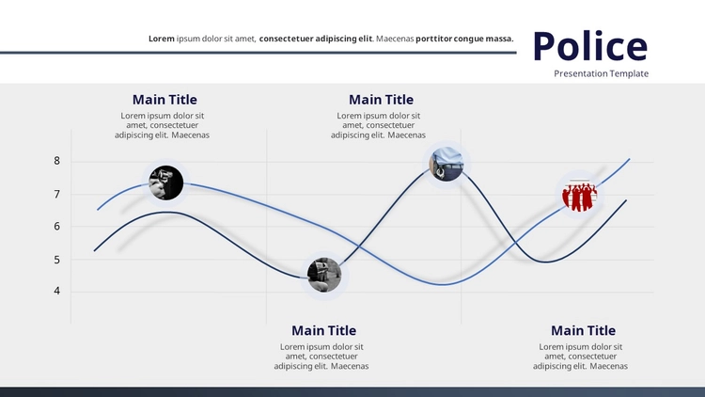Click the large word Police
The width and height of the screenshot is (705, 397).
tap(590, 46)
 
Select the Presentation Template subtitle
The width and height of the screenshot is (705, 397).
tap(602, 73)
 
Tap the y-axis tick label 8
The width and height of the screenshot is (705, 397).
tap(56, 161)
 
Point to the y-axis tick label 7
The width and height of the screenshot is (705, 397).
tap(56, 195)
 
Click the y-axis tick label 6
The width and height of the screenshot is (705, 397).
tap(56, 227)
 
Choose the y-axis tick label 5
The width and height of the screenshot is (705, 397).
tap(56, 260)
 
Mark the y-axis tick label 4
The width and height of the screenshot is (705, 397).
tap(56, 291)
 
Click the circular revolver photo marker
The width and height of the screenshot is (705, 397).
tap(165, 183)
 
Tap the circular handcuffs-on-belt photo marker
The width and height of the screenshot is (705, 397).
tap(446, 164)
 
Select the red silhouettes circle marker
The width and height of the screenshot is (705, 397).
tap(580, 195)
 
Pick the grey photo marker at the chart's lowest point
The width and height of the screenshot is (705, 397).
tap(324, 275)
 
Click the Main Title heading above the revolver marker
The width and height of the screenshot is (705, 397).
tap(164, 100)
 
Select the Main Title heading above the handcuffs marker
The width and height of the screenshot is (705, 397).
tap(382, 100)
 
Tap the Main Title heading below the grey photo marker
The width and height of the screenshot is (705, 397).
tap(323, 330)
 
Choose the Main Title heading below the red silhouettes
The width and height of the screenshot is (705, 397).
tap(583, 330)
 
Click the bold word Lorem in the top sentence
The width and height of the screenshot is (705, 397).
tap(162, 39)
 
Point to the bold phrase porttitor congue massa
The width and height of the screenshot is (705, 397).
tap(464, 39)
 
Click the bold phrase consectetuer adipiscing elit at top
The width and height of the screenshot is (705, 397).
tap(316, 39)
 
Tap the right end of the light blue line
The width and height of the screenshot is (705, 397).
tap(630, 159)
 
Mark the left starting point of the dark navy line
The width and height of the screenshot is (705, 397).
tap(94, 251)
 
